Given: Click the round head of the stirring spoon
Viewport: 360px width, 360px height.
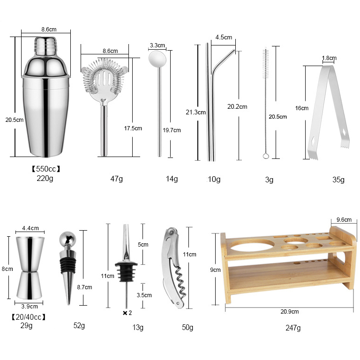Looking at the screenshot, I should pos(156,58).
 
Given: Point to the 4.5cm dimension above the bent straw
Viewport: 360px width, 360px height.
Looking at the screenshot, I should pos(223,37).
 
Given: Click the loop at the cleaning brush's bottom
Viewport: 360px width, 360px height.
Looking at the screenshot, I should pos(266,155).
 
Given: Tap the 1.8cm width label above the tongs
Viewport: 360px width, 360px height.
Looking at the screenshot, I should pos(329,58).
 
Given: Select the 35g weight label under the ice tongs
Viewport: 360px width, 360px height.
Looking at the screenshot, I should pos(338,180).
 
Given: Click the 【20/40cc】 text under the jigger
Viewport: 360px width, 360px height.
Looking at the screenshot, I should pos(29,317).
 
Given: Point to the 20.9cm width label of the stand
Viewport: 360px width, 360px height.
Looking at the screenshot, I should pos(289,311).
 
